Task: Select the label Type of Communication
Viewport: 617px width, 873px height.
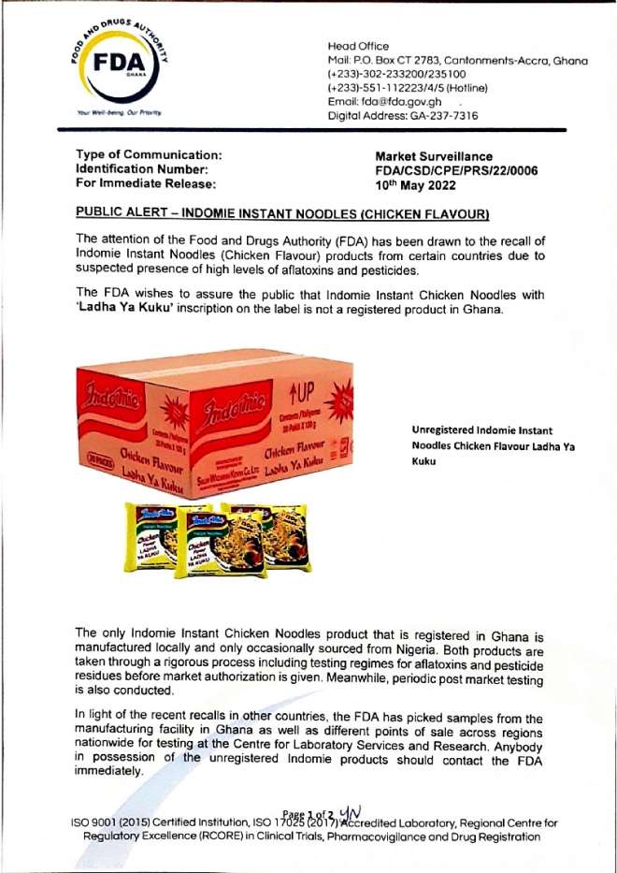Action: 148,154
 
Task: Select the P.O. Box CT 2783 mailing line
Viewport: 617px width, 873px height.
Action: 457,60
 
